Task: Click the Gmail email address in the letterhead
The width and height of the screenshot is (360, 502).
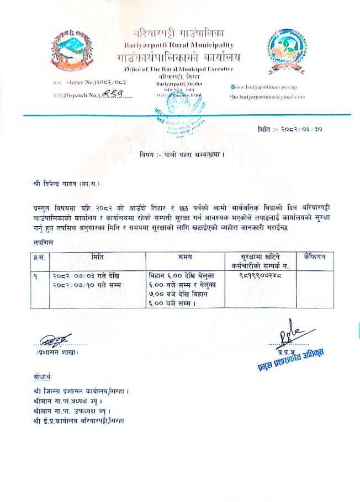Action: pos(267,97)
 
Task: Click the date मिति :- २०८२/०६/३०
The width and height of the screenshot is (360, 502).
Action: pos(293,129)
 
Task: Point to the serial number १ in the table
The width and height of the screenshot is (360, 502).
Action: pos(34,275)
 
